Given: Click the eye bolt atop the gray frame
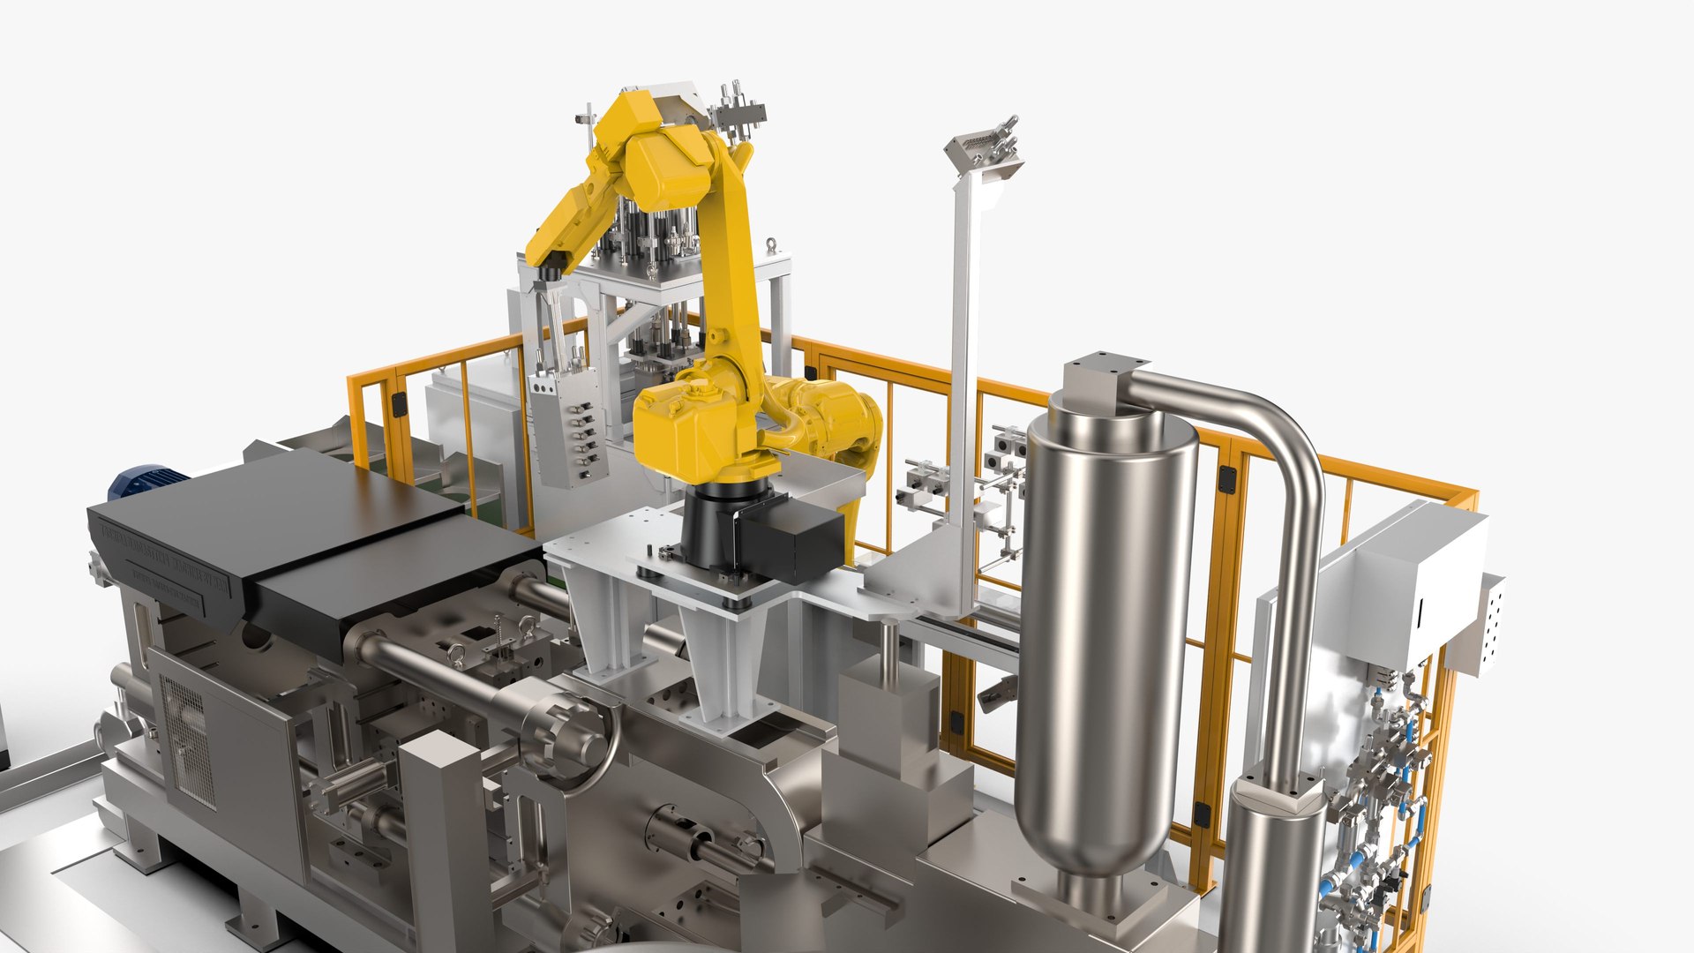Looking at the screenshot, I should click(x=771, y=245).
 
